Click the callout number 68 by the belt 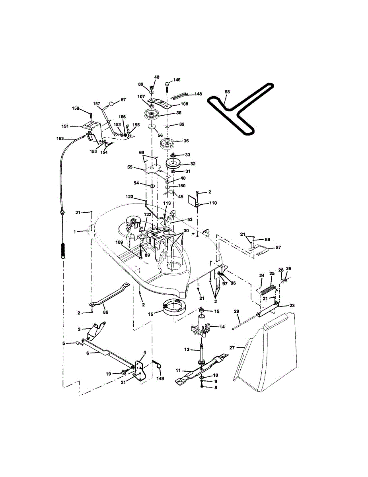pyautogui.click(x=227, y=92)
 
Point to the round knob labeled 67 pyautogui.click(x=112, y=103)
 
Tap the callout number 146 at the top pyautogui.click(x=176, y=80)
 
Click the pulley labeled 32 pyautogui.click(x=173, y=163)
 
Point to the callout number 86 pyautogui.click(x=105, y=312)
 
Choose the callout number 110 pyautogui.click(x=213, y=203)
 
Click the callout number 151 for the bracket pyautogui.click(x=65, y=126)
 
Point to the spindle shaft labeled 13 pyautogui.click(x=202, y=351)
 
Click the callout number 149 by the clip pyautogui.click(x=160, y=378)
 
